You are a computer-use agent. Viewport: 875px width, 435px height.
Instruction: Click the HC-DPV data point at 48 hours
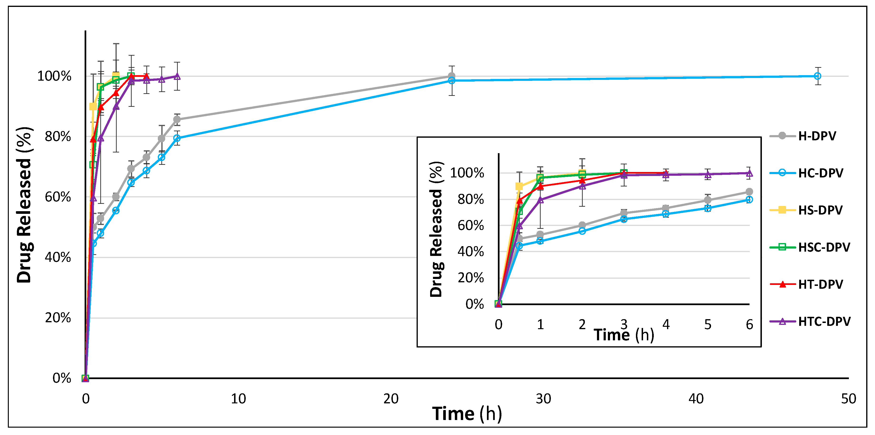point(817,76)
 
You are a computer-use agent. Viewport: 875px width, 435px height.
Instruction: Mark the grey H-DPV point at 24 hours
point(452,76)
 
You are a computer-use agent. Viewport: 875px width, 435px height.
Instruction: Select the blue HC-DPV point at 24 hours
point(452,81)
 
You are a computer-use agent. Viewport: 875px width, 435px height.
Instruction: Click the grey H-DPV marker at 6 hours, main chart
point(177,119)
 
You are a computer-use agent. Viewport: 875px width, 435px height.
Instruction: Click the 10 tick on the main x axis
point(238,399)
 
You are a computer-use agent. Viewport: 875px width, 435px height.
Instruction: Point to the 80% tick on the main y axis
point(58,137)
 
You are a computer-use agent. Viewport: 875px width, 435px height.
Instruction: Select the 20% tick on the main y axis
point(58,318)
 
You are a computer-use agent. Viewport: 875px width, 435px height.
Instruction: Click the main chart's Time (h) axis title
point(467,414)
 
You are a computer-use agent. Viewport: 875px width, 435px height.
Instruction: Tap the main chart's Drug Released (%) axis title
point(24,205)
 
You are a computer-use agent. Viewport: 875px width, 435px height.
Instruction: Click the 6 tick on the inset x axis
point(749,325)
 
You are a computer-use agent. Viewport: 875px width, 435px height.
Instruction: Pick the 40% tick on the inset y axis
point(471,251)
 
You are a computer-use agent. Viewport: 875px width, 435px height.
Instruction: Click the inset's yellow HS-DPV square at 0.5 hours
point(519,186)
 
